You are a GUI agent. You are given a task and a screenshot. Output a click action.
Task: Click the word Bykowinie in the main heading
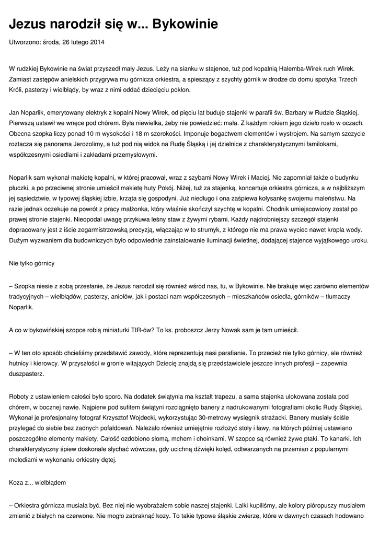tap(177, 24)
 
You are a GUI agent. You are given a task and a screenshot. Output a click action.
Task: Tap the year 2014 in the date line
tap(97, 42)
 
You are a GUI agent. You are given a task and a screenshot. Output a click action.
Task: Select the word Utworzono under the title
tap(26, 42)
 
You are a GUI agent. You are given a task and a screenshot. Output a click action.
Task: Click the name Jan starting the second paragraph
tap(15, 113)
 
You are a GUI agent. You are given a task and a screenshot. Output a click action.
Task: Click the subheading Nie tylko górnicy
tap(32, 263)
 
